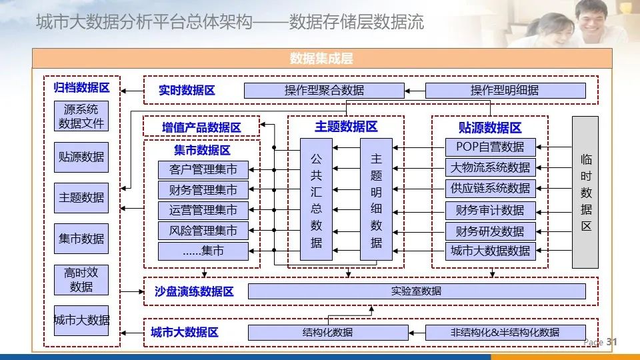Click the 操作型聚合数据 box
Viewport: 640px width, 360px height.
tap(324, 91)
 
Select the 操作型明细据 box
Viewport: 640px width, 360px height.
tap(505, 91)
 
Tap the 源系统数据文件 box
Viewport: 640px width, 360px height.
tap(81, 116)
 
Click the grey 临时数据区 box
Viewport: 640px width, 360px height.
tap(585, 192)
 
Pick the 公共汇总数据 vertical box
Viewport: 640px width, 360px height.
tap(316, 199)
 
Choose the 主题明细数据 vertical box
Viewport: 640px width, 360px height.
tap(376, 199)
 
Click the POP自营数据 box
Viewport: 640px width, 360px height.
tap(490, 147)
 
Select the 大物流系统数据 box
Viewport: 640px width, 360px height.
tap(490, 167)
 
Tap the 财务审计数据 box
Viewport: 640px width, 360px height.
tap(490, 211)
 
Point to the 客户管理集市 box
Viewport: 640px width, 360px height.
tap(203, 169)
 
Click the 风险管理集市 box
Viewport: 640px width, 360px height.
tap(203, 231)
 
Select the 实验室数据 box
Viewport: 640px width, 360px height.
tap(416, 291)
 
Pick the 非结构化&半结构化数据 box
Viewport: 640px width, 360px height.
tap(505, 333)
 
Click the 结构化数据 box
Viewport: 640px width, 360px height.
tap(327, 333)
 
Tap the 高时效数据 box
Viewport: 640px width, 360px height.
tap(81, 280)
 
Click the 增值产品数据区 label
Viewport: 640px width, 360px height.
tap(201, 127)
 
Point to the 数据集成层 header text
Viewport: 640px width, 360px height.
tap(321, 59)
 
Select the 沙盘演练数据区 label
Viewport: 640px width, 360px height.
tap(193, 292)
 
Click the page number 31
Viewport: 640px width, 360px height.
tap(612, 342)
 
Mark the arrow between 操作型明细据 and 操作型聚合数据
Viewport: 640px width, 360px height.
tap(415, 91)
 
